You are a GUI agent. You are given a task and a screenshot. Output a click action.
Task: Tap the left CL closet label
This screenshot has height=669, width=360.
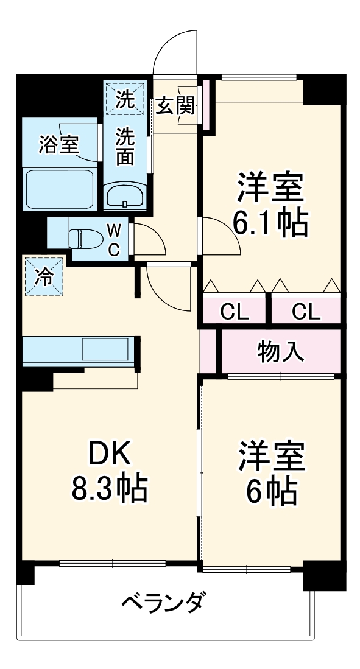point(235,312)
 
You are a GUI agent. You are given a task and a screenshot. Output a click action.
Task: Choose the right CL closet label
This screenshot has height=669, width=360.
point(305,312)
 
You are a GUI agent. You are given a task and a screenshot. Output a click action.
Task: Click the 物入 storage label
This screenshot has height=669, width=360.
point(281,351)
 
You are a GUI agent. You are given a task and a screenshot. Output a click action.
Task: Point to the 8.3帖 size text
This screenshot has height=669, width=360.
point(109,487)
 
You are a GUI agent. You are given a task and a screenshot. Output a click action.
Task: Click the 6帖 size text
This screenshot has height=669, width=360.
point(270,491)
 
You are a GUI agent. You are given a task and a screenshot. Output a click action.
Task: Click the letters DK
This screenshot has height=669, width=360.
point(110,454)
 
